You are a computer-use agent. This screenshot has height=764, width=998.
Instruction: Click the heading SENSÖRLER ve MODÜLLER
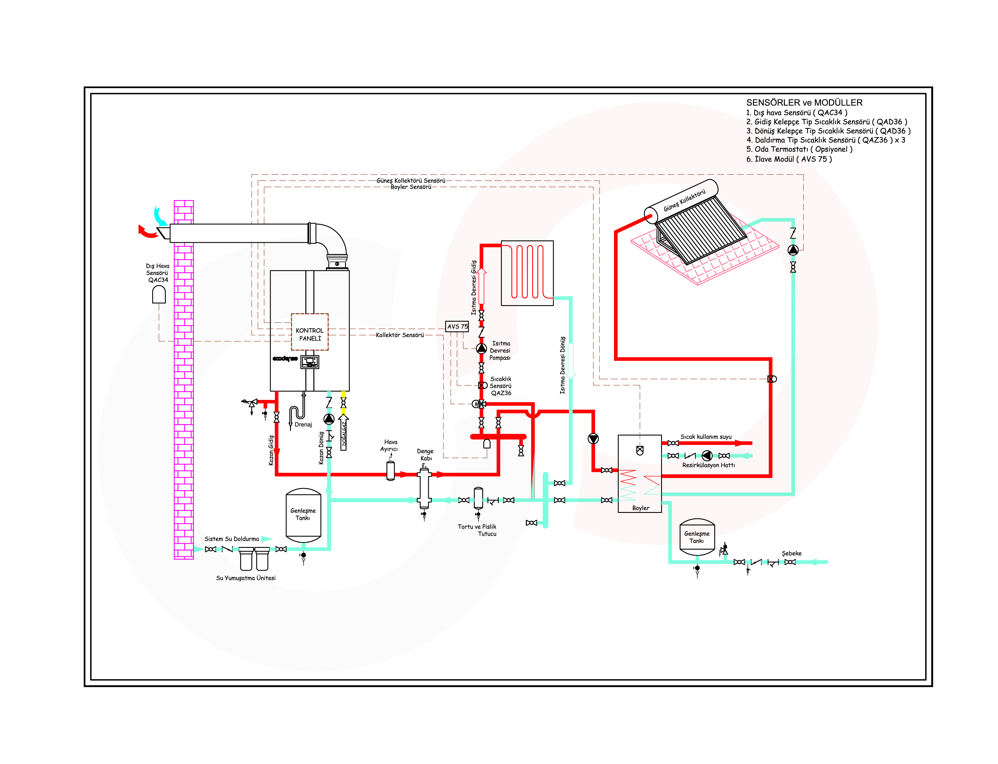pyautogui.click(x=804, y=103)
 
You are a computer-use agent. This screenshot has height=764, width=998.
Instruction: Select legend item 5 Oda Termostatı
pyautogui.click(x=799, y=149)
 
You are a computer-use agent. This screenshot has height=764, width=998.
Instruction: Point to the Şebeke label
pyautogui.click(x=791, y=553)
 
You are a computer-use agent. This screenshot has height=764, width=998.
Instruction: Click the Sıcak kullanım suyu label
pyautogui.click(x=706, y=437)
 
